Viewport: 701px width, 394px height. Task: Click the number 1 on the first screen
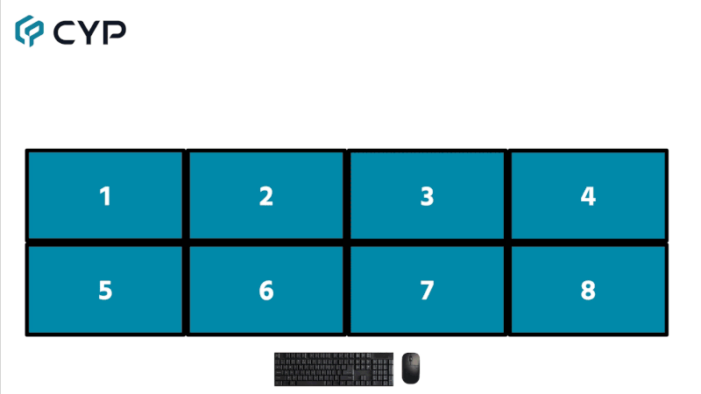[x=105, y=196]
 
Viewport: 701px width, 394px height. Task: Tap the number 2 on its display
[x=266, y=196]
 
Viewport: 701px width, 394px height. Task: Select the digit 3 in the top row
[x=427, y=196]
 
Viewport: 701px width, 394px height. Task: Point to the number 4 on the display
[x=588, y=196]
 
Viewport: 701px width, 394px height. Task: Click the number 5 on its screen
[x=105, y=290]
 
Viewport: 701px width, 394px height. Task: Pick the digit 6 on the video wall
[x=266, y=290]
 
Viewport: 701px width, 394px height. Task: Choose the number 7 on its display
[x=427, y=290]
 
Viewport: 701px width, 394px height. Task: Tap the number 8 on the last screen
[x=588, y=290]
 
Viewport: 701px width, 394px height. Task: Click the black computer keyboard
[x=333, y=369]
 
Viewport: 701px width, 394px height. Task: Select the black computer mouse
[x=411, y=368]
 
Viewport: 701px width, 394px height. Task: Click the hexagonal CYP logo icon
[x=29, y=31]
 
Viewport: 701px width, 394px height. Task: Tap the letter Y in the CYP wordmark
[x=90, y=32]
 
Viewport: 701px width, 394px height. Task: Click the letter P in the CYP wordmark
[x=115, y=32]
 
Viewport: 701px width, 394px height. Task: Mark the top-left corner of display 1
[x=27, y=151]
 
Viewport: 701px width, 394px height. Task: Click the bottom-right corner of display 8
[x=667, y=334]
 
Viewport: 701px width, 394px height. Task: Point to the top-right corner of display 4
[x=667, y=151]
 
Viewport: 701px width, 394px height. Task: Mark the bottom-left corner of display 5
[x=27, y=334]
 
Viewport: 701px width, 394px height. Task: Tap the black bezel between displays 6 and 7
[x=347, y=290]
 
